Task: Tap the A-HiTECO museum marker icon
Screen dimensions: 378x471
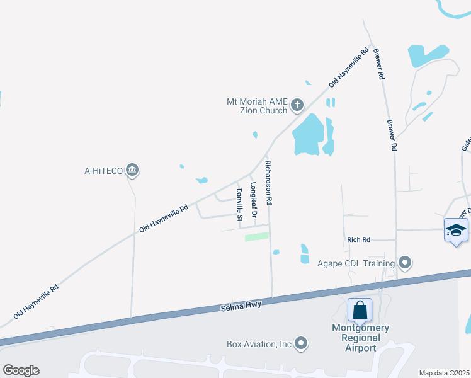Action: tap(132, 169)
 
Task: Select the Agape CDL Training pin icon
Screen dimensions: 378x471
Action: tap(405, 263)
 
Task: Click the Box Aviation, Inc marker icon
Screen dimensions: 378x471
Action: tap(302, 343)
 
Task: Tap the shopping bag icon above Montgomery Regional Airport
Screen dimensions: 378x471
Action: tap(360, 310)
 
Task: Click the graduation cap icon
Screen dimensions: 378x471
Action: tap(456, 231)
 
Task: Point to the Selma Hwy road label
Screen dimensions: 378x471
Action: tap(241, 307)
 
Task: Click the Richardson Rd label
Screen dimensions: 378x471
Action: tap(268, 183)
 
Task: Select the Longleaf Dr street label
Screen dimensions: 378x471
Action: tap(253, 200)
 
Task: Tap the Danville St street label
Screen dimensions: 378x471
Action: tap(239, 205)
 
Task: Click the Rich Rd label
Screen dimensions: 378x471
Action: tap(358, 240)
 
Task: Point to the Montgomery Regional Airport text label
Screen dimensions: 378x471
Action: tap(361, 338)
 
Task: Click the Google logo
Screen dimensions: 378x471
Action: tap(21, 370)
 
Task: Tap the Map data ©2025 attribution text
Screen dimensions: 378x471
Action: tap(444, 373)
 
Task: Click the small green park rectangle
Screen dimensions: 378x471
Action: tap(256, 237)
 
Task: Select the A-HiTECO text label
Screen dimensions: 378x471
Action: tap(103, 170)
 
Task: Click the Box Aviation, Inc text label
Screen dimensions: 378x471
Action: tap(259, 344)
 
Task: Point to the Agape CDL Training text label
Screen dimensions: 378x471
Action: tap(356, 263)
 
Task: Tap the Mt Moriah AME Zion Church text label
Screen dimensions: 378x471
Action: tap(258, 105)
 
